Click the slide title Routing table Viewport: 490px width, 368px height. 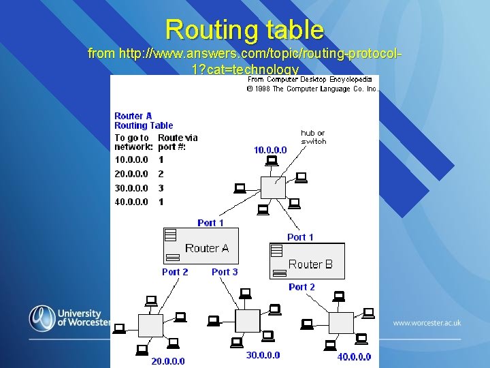pyautogui.click(x=244, y=29)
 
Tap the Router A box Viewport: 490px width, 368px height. pyautogui.click(x=201, y=246)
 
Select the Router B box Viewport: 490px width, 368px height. pyautogui.click(x=308, y=261)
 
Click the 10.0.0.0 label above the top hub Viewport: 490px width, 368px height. pyautogui.click(x=270, y=150)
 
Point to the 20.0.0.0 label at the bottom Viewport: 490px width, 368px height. pyautogui.click(x=167, y=361)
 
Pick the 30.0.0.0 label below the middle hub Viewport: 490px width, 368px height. pyautogui.click(x=263, y=355)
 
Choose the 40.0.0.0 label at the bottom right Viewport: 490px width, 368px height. pyautogui.click(x=354, y=356)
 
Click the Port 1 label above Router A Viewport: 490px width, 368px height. pyautogui.click(x=210, y=223)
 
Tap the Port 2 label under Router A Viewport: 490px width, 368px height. pyautogui.click(x=175, y=272)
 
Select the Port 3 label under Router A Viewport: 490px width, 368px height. pyautogui.click(x=225, y=272)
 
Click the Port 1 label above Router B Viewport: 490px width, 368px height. pyautogui.click(x=300, y=237)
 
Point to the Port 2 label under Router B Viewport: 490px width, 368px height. pyautogui.click(x=301, y=287)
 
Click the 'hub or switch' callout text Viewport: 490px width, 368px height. pyautogui.click(x=313, y=137)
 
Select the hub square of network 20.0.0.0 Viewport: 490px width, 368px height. pyautogui.click(x=150, y=325)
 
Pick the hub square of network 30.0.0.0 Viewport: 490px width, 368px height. pyautogui.click(x=247, y=320)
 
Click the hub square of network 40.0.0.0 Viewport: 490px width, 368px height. pyautogui.click(x=341, y=322)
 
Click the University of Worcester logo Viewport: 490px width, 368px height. pyautogui.click(x=68, y=318)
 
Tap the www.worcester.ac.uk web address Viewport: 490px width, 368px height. pyautogui.click(x=427, y=322)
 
